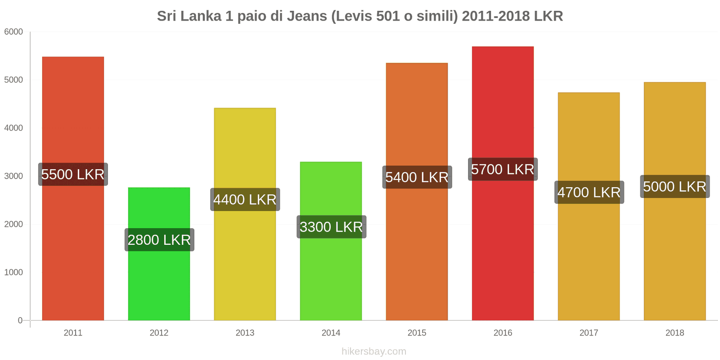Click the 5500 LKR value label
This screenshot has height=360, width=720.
73,174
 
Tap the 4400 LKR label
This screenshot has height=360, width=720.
245,199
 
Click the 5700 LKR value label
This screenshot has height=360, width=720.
503,169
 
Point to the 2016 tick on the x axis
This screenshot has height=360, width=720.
503,333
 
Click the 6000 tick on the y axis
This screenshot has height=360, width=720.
13,32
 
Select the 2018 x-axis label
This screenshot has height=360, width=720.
675,333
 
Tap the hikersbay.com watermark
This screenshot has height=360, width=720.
373,351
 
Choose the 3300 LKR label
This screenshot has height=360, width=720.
331,227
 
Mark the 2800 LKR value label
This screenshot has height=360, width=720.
159,240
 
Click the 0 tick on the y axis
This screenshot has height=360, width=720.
20,320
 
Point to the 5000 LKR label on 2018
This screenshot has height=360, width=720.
675,186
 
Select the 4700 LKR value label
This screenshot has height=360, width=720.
589,192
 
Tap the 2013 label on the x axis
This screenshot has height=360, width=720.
245,333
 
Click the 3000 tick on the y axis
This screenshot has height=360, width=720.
13,176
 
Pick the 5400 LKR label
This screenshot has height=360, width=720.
417,177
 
